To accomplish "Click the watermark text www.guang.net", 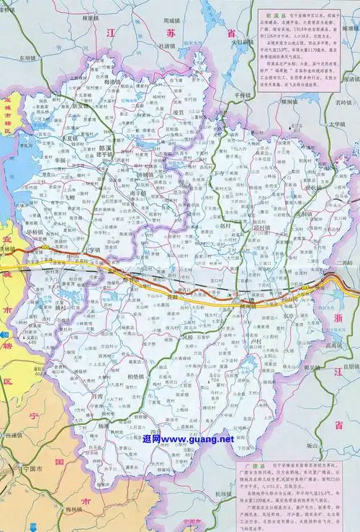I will point(189,438).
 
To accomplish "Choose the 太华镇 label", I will point(339,123).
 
